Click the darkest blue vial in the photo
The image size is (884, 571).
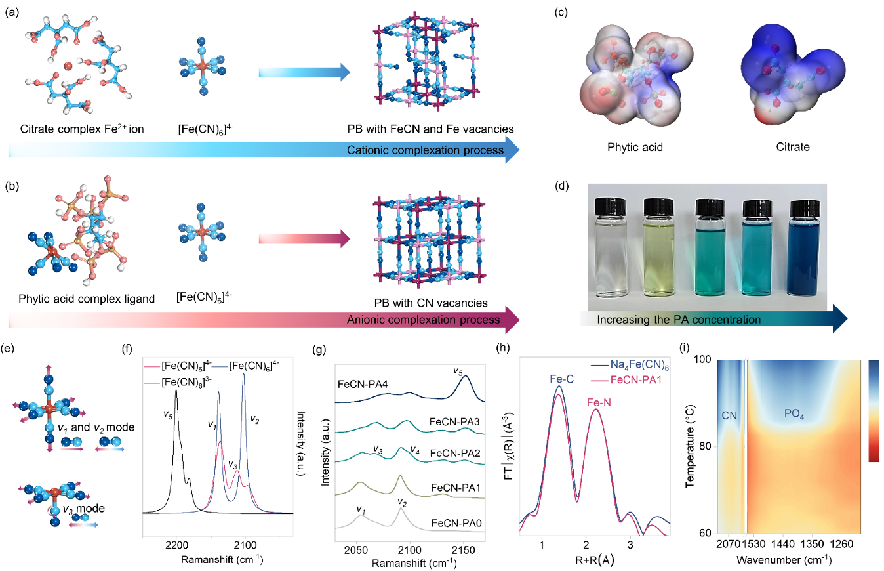click(x=807, y=249)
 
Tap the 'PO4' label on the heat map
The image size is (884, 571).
click(x=797, y=414)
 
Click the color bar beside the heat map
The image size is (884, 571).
click(x=873, y=411)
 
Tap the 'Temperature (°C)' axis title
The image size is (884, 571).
click(x=689, y=446)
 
